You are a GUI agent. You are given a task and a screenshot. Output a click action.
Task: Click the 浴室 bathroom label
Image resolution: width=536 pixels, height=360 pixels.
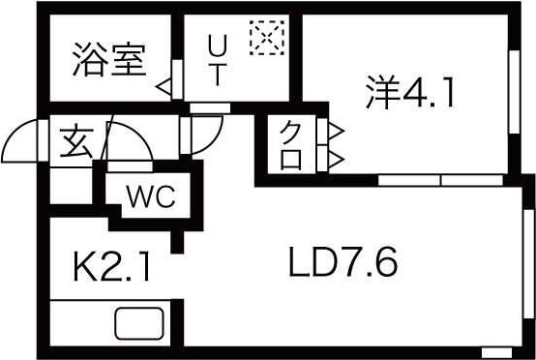[x=108, y=59]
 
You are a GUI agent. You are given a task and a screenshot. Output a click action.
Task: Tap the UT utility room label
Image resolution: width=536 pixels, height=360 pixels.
[x=218, y=60]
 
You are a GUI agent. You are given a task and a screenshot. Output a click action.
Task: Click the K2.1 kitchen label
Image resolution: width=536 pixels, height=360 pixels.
[x=111, y=265]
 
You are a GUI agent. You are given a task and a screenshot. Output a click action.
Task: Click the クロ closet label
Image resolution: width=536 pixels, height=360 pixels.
[x=290, y=143]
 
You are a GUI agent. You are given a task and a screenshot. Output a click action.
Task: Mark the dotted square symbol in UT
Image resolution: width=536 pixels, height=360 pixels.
[x=262, y=38]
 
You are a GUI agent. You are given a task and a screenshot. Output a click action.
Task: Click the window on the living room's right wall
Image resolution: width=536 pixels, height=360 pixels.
[x=528, y=256]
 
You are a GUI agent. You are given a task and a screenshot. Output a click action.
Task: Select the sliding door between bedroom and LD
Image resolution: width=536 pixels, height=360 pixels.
[x=440, y=180]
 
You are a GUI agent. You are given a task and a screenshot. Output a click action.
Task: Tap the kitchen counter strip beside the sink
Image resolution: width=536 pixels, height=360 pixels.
[x=77, y=323]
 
